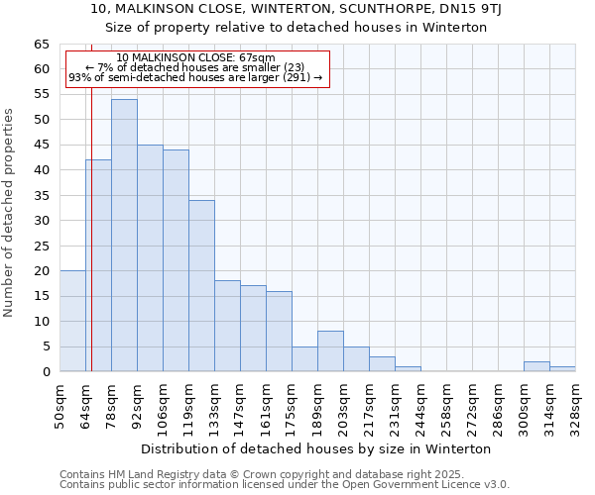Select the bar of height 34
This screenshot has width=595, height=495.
pos(201,286)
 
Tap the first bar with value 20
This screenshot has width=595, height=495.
pos(72,321)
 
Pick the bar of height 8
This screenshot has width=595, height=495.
pos(330,351)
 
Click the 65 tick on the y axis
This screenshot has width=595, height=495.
pos(42,45)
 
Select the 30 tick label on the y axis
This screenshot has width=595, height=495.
pos(42,221)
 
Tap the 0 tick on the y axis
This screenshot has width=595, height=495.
pos(46,372)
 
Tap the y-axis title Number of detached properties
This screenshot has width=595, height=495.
pos(10,212)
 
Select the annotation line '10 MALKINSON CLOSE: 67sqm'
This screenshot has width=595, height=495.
pos(195,57)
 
